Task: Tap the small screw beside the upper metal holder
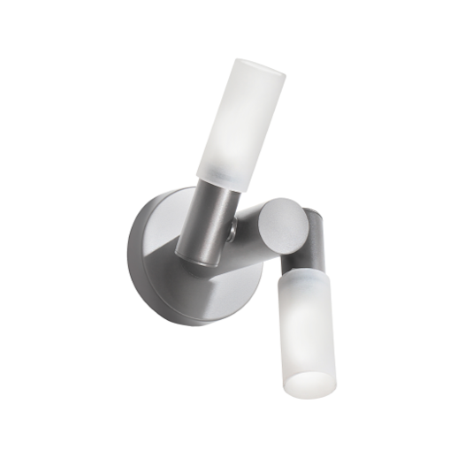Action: click(x=232, y=233)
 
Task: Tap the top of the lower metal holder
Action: click(x=315, y=212)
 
